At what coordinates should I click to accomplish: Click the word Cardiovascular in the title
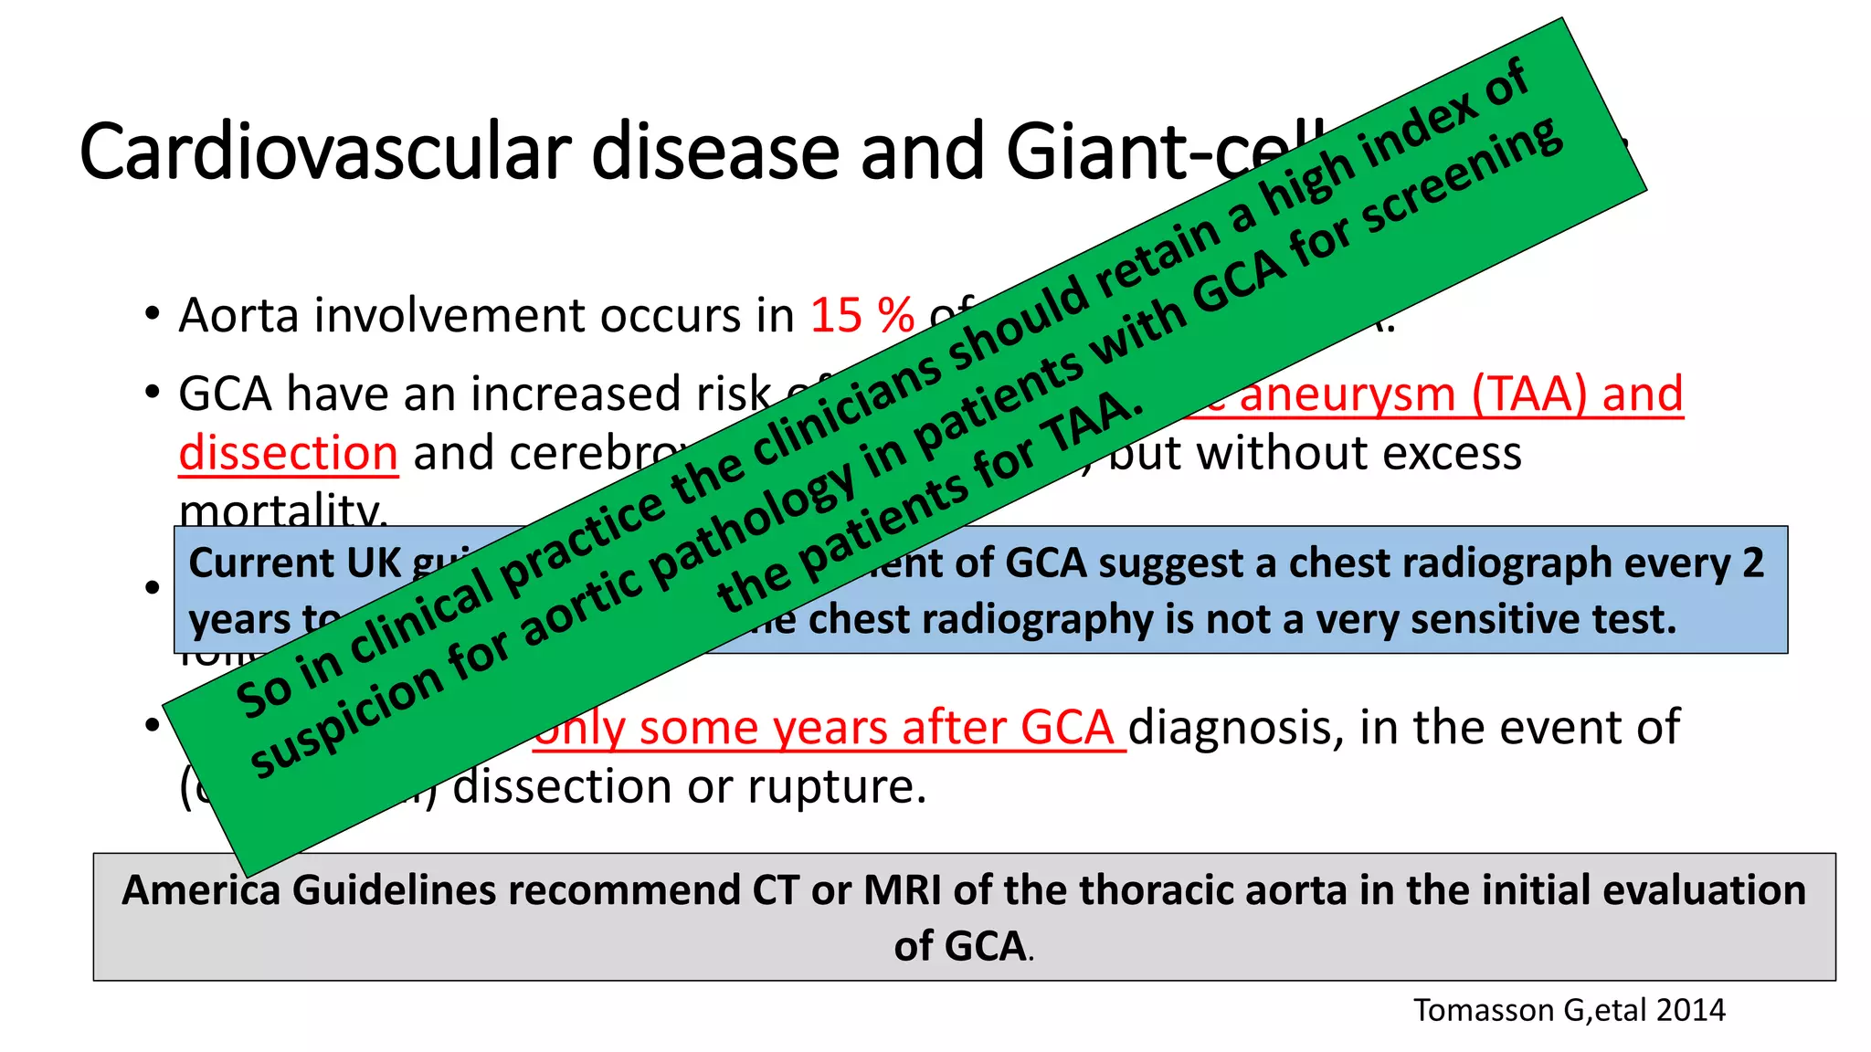[324, 152]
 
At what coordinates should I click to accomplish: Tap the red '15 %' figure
[862, 316]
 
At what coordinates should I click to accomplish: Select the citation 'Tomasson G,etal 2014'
[1569, 1010]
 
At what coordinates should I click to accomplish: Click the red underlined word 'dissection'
[288, 454]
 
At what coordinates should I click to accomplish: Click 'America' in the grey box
[201, 890]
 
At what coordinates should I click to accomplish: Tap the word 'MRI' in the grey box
[902, 890]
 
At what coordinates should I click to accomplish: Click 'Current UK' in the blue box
[294, 563]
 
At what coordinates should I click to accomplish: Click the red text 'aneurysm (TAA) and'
[1462, 394]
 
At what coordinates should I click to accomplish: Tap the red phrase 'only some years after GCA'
[827, 729]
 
